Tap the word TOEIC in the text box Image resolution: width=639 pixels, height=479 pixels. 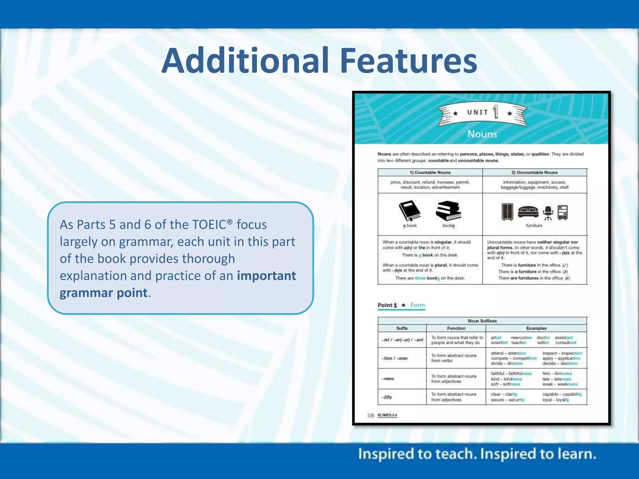209,225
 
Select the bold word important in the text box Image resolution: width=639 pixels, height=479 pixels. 266,276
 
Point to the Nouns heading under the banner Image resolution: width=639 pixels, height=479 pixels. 482,134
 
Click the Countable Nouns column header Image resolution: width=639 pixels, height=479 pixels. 430,172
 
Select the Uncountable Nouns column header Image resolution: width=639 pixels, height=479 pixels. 534,172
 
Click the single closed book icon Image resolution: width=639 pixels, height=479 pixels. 410,211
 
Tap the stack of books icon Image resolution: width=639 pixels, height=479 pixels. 448,211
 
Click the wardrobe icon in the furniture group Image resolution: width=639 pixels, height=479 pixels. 507,212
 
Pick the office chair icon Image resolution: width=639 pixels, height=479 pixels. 548,213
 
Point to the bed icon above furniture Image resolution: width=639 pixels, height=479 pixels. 528,212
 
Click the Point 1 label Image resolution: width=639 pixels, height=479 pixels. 387,305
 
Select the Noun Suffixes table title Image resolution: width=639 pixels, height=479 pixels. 482,321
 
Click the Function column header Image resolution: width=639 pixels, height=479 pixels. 456,328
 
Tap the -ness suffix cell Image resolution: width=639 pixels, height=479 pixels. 388,379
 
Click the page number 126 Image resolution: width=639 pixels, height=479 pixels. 370,415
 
